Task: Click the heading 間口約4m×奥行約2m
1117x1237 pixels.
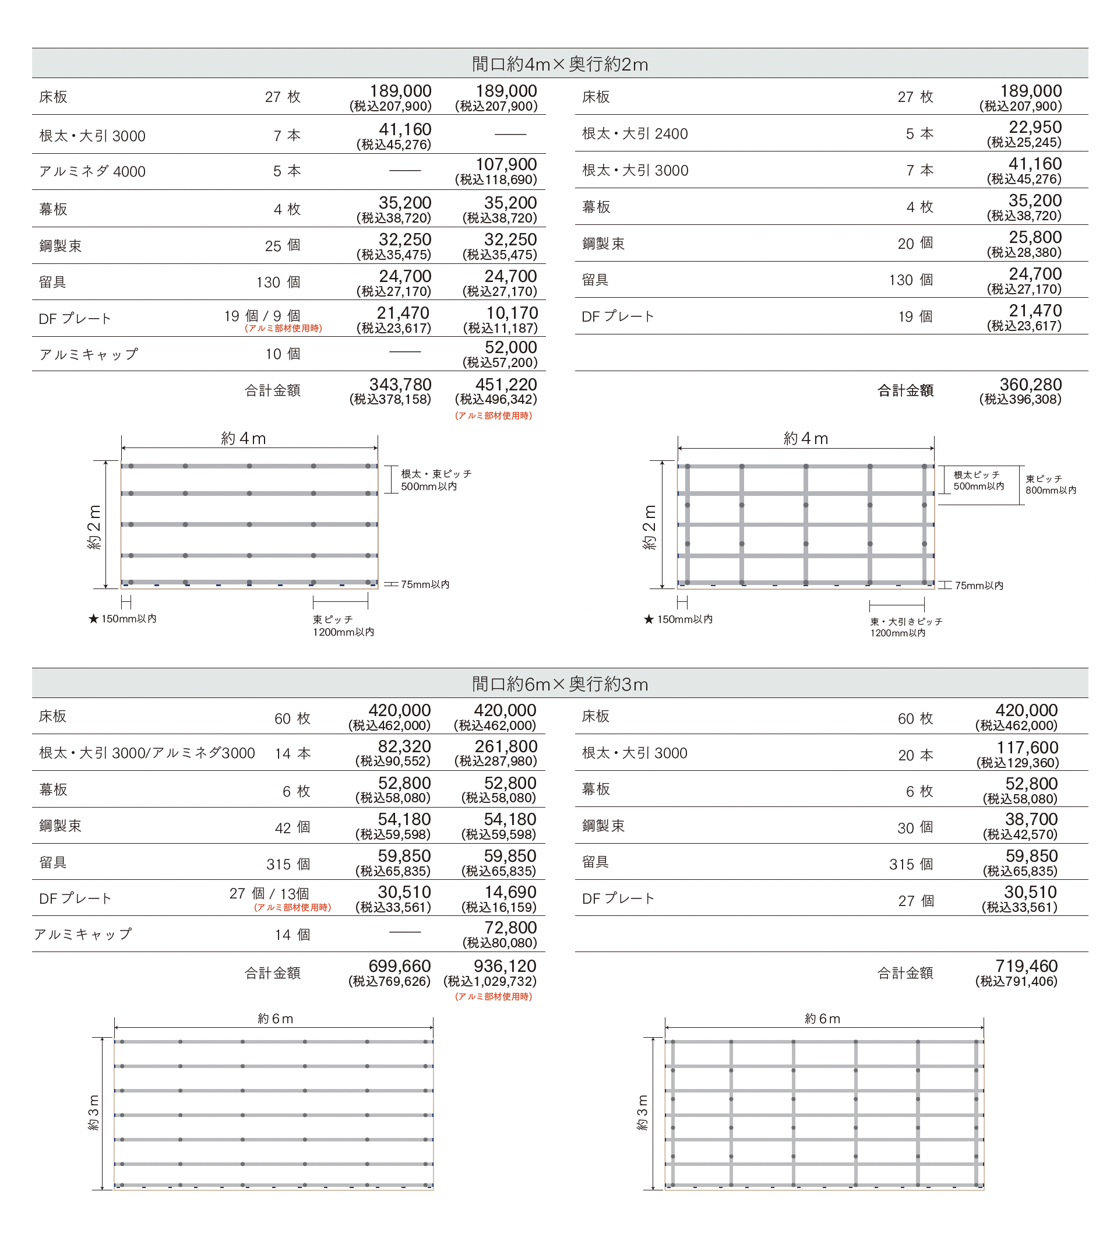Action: [x=559, y=64]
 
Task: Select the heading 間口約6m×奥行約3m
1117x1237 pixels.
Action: [x=559, y=683]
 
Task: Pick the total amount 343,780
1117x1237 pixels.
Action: [x=400, y=385]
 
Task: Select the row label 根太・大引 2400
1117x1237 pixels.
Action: [x=635, y=134]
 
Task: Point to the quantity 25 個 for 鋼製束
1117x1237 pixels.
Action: [x=283, y=245]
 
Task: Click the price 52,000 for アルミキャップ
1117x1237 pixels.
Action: [x=510, y=347]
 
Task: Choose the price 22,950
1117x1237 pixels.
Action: [x=1035, y=127]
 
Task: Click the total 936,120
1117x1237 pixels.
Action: [x=505, y=966]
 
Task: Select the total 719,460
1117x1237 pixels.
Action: [x=1026, y=966]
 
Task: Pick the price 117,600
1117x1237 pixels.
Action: [x=1027, y=748]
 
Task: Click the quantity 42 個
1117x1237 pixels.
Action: [x=292, y=828]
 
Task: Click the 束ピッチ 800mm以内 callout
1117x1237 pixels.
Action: [x=1050, y=484]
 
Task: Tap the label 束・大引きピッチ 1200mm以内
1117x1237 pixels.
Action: [x=905, y=627]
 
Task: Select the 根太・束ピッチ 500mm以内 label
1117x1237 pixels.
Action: [x=436, y=480]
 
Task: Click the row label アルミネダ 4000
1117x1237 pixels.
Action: [x=92, y=172]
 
